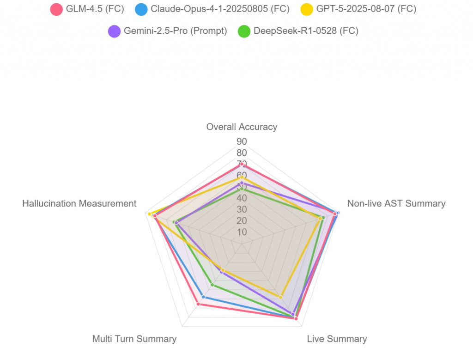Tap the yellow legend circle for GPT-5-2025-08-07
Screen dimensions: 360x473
pos(307,9)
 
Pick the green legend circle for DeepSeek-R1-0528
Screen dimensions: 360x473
pos(244,31)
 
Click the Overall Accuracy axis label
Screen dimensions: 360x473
pos(242,127)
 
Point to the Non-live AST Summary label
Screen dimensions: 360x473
pos(396,204)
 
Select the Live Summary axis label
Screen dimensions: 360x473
pos(337,339)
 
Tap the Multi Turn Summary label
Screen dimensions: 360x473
pos(134,339)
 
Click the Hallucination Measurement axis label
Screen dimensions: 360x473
pos(79,204)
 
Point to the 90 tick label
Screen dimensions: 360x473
pos(242,141)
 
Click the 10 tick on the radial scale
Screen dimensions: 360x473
pos(242,232)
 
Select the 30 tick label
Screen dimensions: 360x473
pos(242,209)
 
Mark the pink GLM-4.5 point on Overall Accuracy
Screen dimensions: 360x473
pos(242,165)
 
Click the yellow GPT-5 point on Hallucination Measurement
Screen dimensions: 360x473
pos(149,214)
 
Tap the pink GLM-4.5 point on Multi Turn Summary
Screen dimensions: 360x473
pos(198,304)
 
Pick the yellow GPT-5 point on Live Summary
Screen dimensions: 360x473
pos(280,297)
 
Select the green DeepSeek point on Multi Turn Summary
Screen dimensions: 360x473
pos(212,285)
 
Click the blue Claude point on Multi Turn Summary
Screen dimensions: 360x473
pos(203,297)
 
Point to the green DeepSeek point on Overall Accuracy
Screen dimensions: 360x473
pos(242,189)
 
